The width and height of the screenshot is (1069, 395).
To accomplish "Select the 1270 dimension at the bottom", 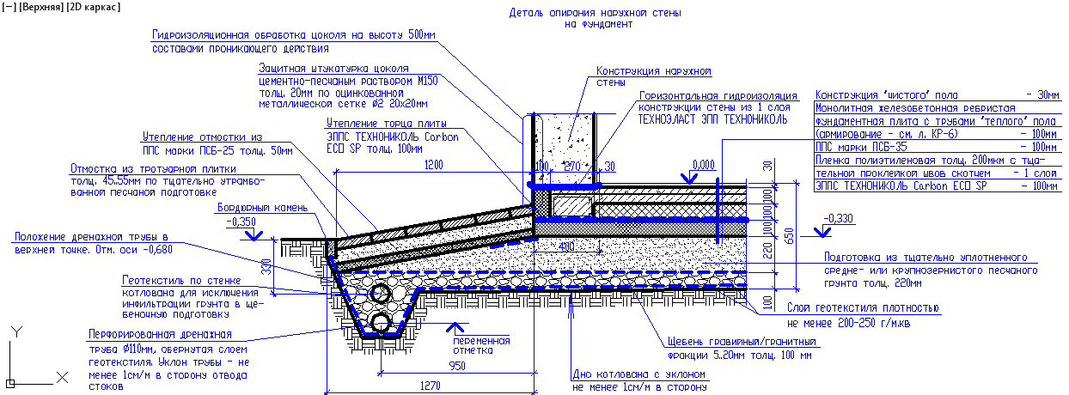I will click(430, 385).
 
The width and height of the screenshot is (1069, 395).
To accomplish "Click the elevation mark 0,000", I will click(703, 165).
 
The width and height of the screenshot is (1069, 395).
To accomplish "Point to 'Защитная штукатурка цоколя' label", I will click(332, 68).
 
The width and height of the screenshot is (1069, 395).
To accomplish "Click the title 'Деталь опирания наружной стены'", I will click(598, 13).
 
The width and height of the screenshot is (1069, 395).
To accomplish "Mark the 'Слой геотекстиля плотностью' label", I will click(862, 307).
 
